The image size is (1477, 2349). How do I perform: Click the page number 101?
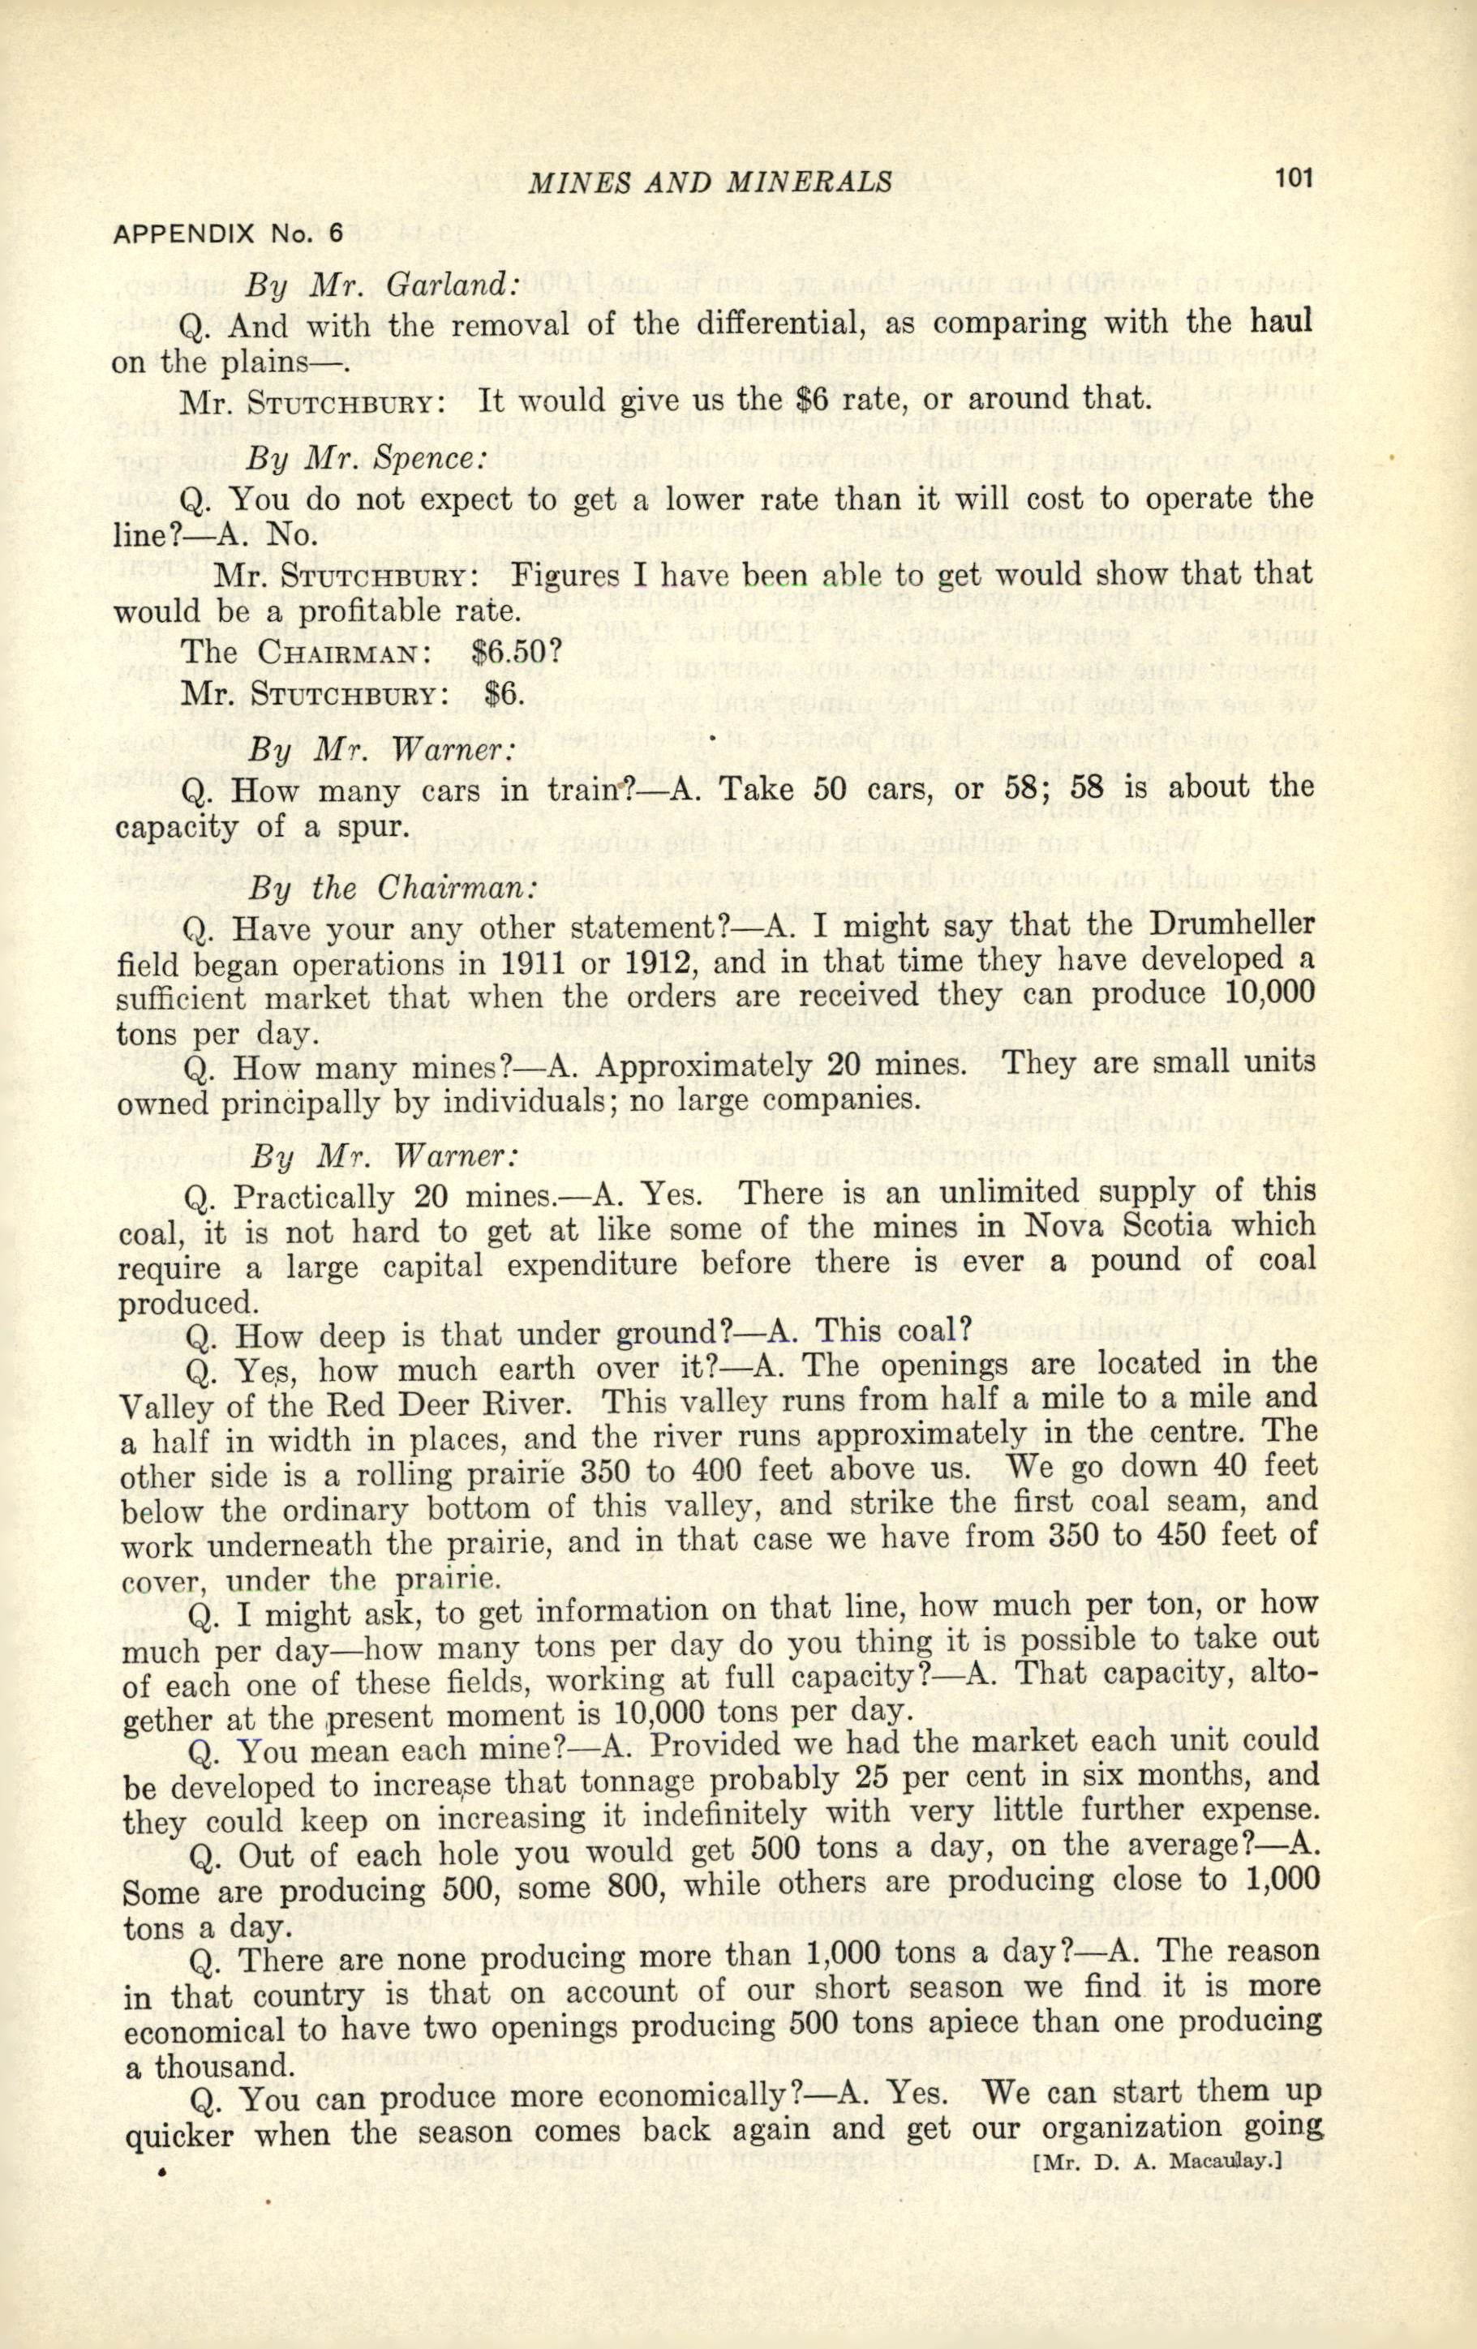click(x=1294, y=178)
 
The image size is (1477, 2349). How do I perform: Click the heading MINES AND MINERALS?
click(x=709, y=181)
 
